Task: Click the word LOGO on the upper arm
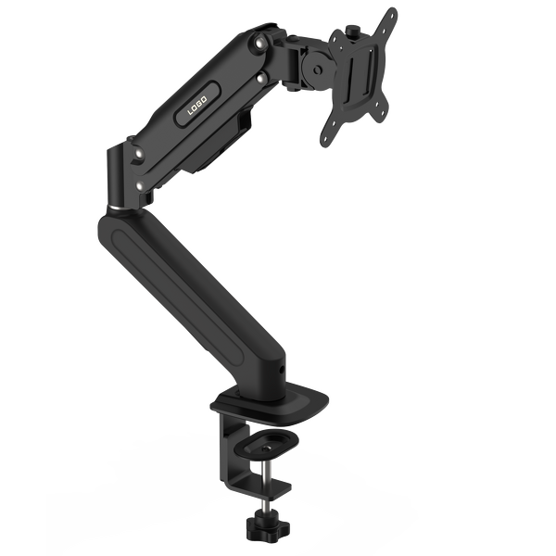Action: pyautogui.click(x=196, y=108)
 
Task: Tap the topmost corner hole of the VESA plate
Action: pyautogui.click(x=387, y=15)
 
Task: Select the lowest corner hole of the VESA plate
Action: pyautogui.click(x=325, y=143)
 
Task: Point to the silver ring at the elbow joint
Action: pyautogui.click(x=114, y=207)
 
